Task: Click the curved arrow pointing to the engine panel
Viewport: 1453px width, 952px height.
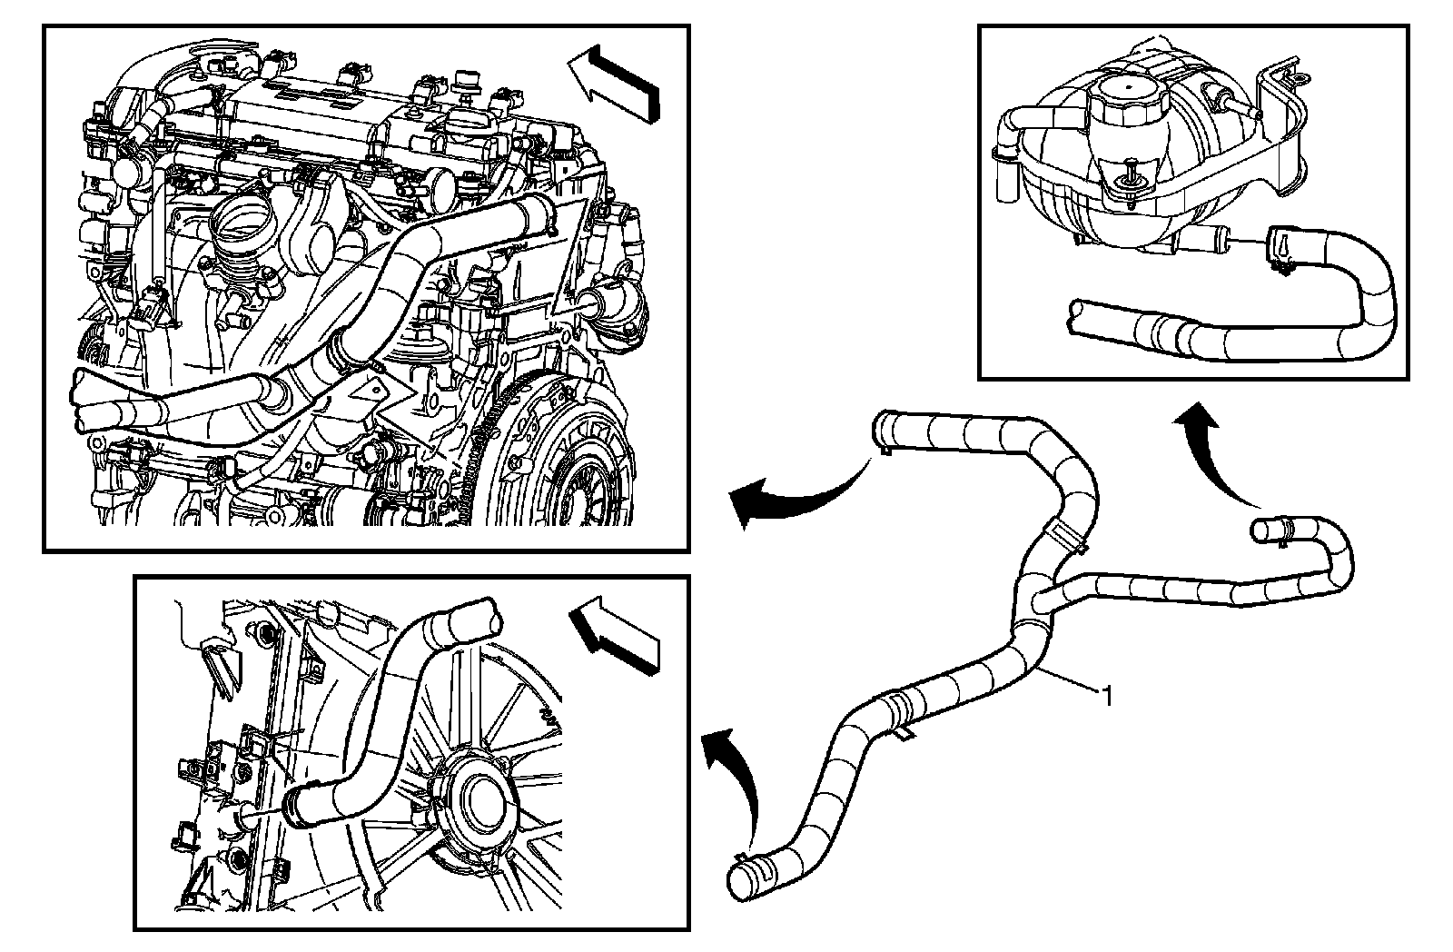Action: coord(790,495)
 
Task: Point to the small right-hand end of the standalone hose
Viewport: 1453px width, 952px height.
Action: coord(1264,530)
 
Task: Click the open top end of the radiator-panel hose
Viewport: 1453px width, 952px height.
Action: coord(477,618)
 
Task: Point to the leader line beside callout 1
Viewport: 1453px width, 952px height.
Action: coord(1072,682)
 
